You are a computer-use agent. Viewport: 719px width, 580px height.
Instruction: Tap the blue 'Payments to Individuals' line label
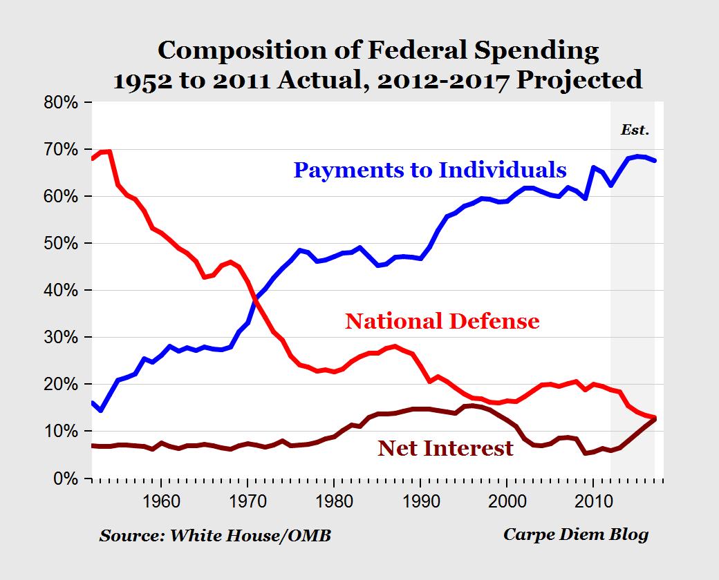pyautogui.click(x=430, y=170)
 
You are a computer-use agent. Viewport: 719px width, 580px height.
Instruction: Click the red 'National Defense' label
pyautogui.click(x=442, y=321)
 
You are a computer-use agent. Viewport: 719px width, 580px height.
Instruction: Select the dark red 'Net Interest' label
pyautogui.click(x=446, y=448)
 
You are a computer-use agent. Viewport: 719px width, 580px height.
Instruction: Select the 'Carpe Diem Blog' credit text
pyautogui.click(x=576, y=535)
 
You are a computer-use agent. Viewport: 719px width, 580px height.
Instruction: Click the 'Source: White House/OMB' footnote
pyautogui.click(x=215, y=536)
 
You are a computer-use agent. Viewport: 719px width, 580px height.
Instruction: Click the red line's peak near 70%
pyautogui.click(x=109, y=151)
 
